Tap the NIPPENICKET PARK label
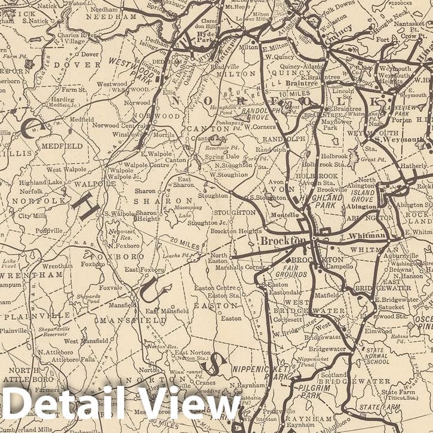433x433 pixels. (x=260, y=374)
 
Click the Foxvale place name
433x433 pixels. (x=110, y=287)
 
